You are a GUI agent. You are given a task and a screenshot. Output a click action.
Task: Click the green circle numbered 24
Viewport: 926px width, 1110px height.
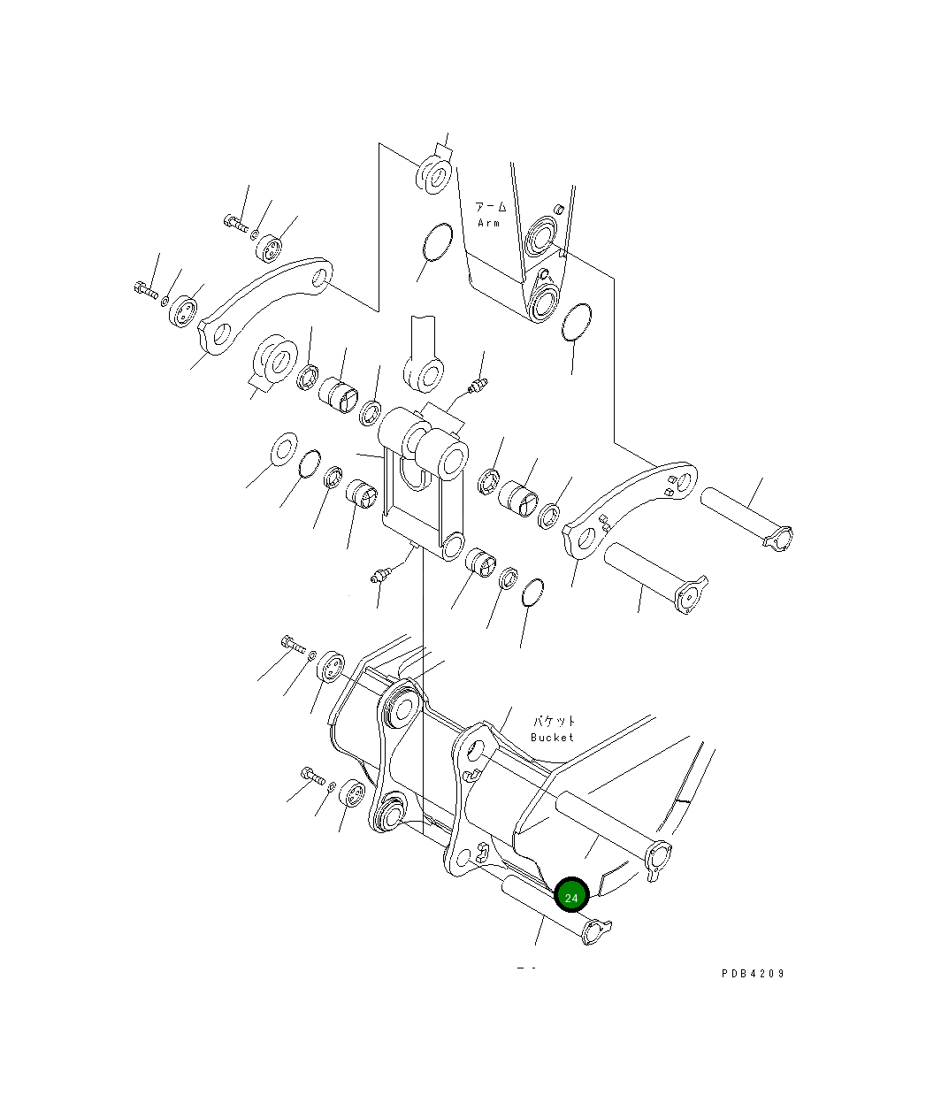point(571,896)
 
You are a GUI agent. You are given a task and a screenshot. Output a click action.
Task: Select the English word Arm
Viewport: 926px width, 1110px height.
point(489,223)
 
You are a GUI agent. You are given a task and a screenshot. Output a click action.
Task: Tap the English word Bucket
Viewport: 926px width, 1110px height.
point(552,737)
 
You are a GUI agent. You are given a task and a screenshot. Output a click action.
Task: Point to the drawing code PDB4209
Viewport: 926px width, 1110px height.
point(752,974)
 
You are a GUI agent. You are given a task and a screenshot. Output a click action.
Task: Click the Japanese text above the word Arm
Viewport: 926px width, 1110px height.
point(492,207)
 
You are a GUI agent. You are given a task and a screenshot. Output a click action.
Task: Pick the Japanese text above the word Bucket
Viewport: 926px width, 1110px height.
point(554,722)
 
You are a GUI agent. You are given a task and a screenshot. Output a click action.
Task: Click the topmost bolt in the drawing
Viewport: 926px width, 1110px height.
point(234,221)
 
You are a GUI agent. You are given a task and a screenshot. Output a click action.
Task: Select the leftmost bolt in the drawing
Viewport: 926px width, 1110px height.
point(146,288)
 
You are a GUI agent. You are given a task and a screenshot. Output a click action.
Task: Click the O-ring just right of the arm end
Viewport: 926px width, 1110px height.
point(576,323)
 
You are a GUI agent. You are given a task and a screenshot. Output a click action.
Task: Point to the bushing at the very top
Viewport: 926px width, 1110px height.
point(433,173)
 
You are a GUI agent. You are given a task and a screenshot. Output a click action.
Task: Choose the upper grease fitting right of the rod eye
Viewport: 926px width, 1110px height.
point(478,387)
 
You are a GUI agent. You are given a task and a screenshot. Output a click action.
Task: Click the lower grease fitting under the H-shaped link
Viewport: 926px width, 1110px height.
point(380,577)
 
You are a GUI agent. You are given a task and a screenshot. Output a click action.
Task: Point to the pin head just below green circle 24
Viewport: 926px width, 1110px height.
point(596,931)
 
